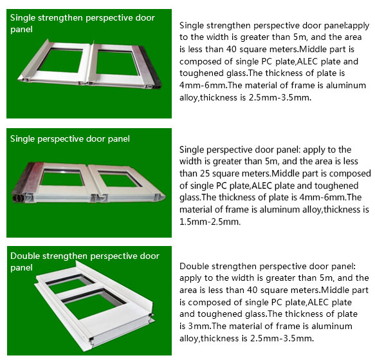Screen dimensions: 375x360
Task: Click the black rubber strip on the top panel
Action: (151, 67)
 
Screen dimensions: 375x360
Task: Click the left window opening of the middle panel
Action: (62, 178)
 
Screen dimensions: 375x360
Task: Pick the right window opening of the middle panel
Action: (119, 179)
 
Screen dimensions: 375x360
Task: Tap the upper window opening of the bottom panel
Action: (69, 283)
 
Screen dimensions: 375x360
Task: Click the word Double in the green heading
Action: (25, 256)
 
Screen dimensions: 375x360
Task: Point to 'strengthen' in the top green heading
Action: (60, 18)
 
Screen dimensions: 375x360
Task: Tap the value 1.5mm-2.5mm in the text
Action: (210, 222)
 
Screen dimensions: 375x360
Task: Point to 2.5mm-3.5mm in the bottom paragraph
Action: (282, 338)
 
